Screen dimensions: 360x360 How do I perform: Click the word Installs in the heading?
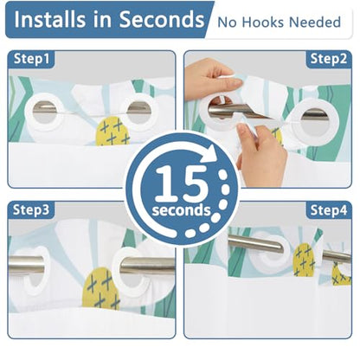tap(49, 20)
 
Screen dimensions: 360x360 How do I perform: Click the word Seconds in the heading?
tap(162, 20)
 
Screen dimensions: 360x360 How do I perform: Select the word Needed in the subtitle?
tap(315, 22)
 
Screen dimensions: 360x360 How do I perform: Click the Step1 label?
tap(32, 59)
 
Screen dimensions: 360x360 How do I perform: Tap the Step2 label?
tap(329, 59)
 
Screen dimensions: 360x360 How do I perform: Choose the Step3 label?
tap(31, 209)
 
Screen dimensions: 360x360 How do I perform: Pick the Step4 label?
tap(329, 210)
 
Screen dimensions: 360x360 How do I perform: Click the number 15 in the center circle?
tap(182, 183)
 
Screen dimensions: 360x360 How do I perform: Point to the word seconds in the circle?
tap(182, 210)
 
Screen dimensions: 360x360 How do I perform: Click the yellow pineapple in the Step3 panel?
tap(101, 288)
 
